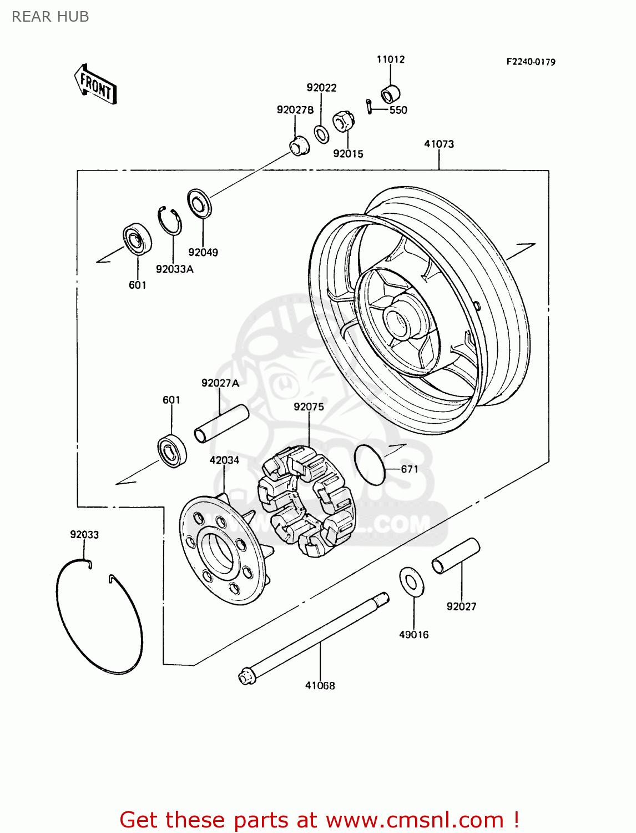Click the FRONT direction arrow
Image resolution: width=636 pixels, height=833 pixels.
click(96, 85)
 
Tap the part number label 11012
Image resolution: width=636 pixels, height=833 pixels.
click(391, 59)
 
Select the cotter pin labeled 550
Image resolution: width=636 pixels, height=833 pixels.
click(369, 106)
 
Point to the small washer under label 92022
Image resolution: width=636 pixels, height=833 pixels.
click(321, 134)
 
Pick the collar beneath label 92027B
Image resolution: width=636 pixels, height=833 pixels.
click(300, 145)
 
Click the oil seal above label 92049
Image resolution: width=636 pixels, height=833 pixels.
click(199, 203)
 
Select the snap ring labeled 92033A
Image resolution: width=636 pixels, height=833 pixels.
click(169, 220)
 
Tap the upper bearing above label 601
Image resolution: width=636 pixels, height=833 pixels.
click(137, 239)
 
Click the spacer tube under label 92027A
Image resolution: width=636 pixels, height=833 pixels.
click(221, 424)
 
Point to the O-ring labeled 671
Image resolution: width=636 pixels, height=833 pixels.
click(370, 464)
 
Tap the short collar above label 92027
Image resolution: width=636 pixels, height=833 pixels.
click(456, 556)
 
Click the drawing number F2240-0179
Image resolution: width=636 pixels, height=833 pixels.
click(531, 62)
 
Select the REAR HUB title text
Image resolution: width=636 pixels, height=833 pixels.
click(51, 17)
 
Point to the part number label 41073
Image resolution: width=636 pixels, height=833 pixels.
click(439, 144)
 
